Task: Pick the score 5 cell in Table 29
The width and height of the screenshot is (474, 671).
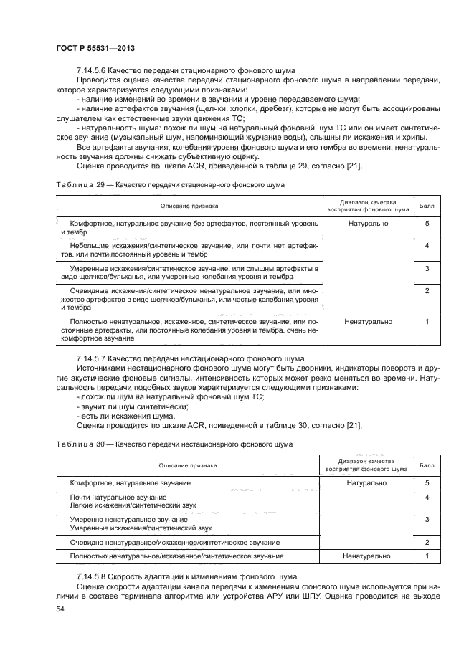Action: (x=427, y=224)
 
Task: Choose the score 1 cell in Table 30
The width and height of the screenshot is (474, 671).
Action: (x=427, y=556)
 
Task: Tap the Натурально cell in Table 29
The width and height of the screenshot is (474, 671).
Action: (x=368, y=224)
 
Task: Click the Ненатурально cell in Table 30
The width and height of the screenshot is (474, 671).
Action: (x=366, y=556)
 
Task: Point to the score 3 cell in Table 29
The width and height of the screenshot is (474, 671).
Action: (x=427, y=268)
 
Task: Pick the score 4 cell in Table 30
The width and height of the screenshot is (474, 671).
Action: (x=427, y=497)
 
